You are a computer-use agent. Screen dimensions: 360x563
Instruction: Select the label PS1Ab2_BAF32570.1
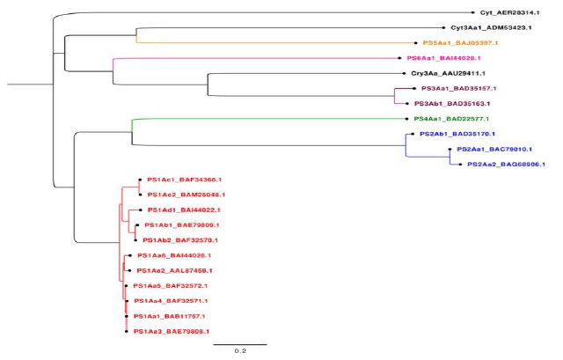pyautogui.click(x=180, y=239)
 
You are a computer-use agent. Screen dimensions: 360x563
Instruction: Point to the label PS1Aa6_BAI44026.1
pyautogui.click(x=173, y=255)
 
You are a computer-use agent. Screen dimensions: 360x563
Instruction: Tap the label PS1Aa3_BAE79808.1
pyautogui.click(x=170, y=331)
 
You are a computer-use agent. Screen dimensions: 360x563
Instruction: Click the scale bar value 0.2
pyautogui.click(x=238, y=350)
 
